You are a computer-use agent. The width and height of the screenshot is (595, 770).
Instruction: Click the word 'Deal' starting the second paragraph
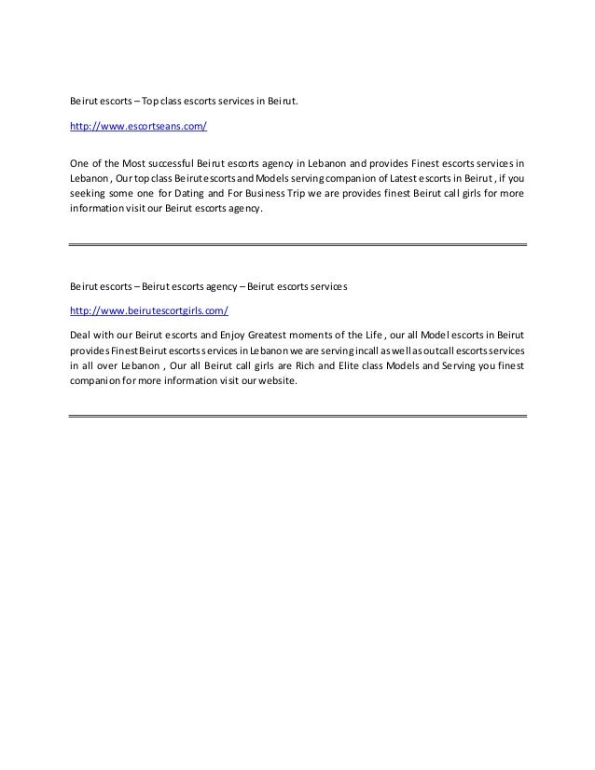[x=82, y=334]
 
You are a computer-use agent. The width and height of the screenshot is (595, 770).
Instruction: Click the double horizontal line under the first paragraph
[x=298, y=244]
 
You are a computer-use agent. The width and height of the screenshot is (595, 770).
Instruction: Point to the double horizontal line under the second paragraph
[x=298, y=414]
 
